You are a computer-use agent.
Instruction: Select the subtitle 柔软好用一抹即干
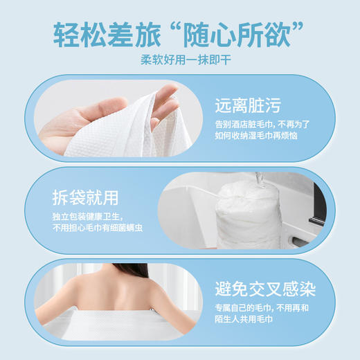179,60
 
